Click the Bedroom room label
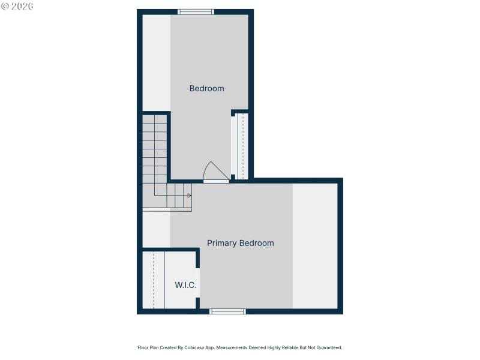[x=206, y=89]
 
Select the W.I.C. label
[x=185, y=285]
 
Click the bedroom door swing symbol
[x=215, y=172]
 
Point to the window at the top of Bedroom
[x=196, y=11]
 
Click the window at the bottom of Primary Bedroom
[x=227, y=311]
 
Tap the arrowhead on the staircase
[x=190, y=196]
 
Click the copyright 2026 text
[x=17, y=6]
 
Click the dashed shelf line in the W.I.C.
[x=154, y=280]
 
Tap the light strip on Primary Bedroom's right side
[x=314, y=246]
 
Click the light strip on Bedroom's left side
[x=156, y=63]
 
